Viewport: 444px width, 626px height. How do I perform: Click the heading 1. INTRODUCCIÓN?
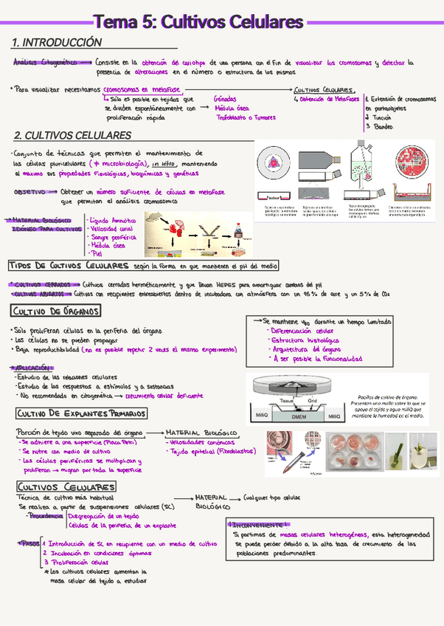click(x=57, y=43)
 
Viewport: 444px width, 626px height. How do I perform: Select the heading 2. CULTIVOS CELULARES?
click(x=72, y=136)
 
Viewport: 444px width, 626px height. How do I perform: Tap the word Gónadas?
click(x=225, y=98)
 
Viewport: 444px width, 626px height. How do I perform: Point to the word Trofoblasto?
click(x=229, y=117)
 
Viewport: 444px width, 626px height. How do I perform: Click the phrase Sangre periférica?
click(x=113, y=238)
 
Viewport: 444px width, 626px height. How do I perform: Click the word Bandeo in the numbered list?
click(x=384, y=126)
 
